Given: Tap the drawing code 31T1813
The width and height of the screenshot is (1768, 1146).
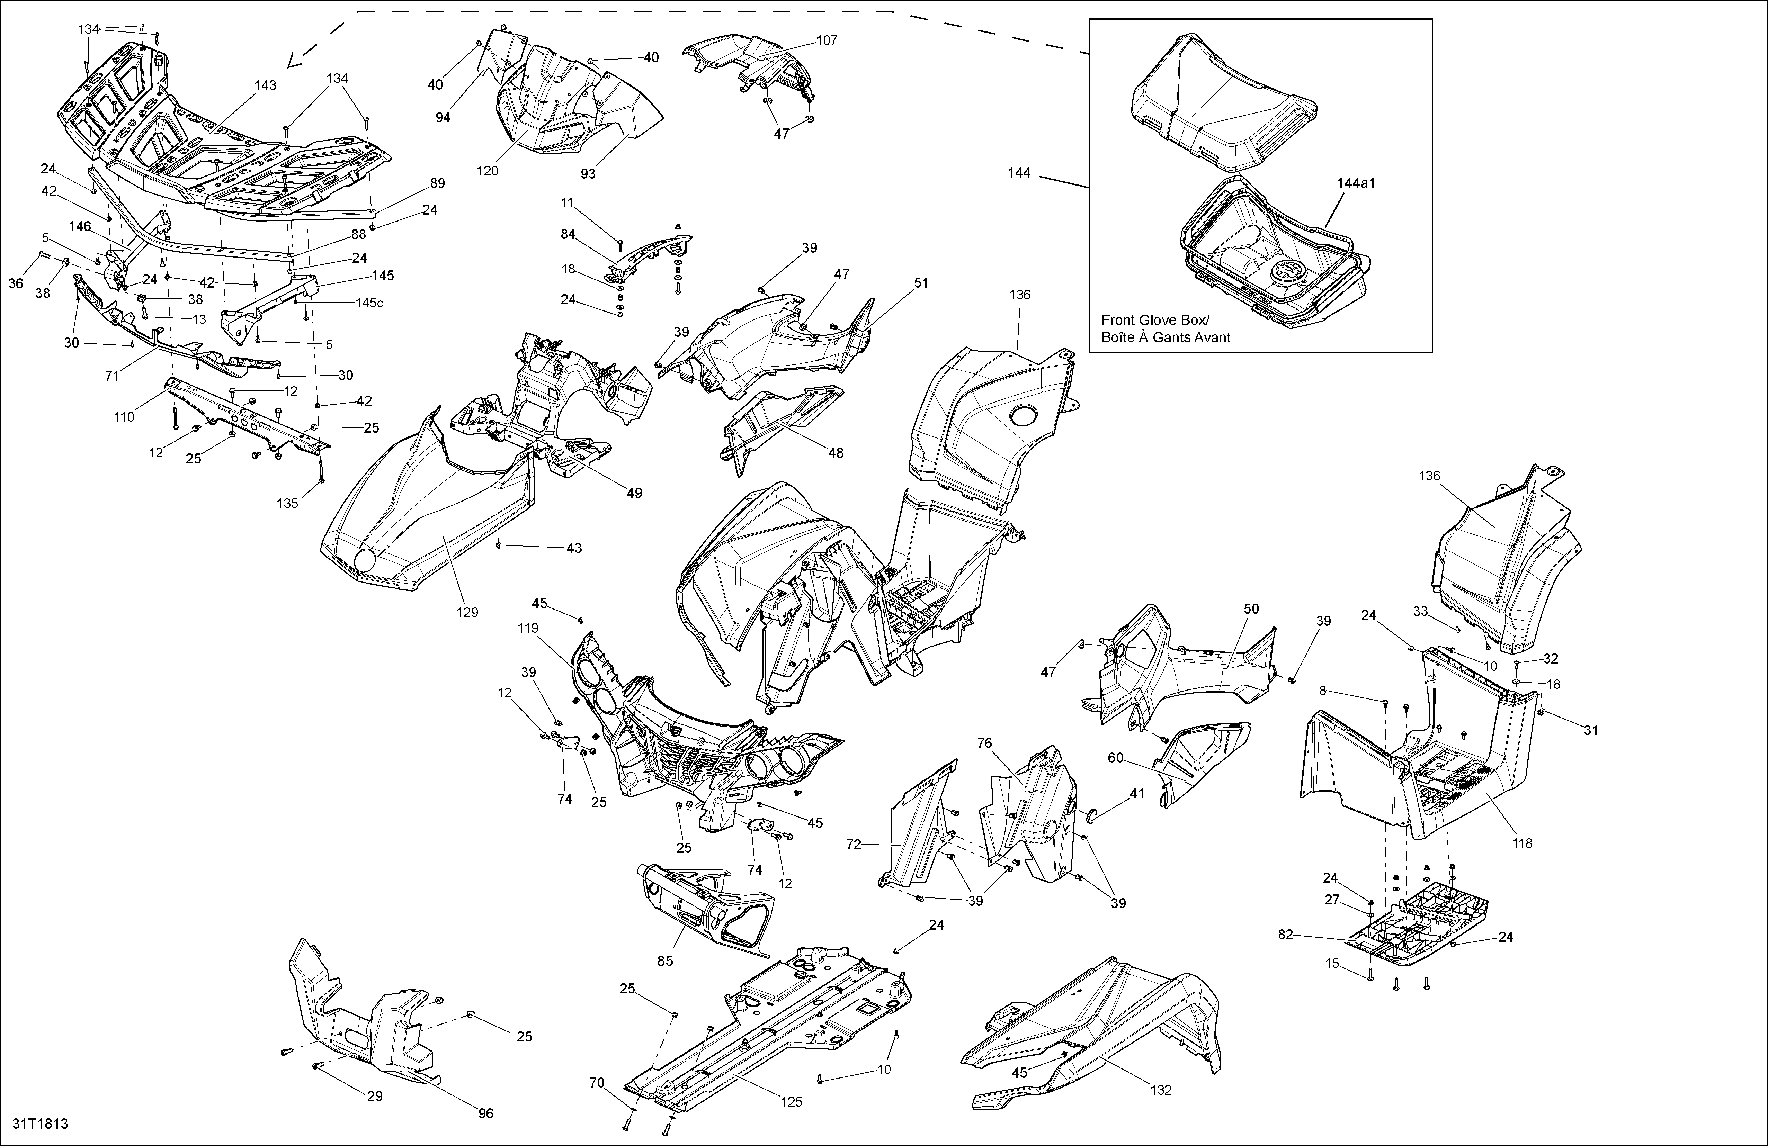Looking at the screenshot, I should click(x=40, y=1124).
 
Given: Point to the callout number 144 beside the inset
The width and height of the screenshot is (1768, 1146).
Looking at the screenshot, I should click(x=1019, y=172).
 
